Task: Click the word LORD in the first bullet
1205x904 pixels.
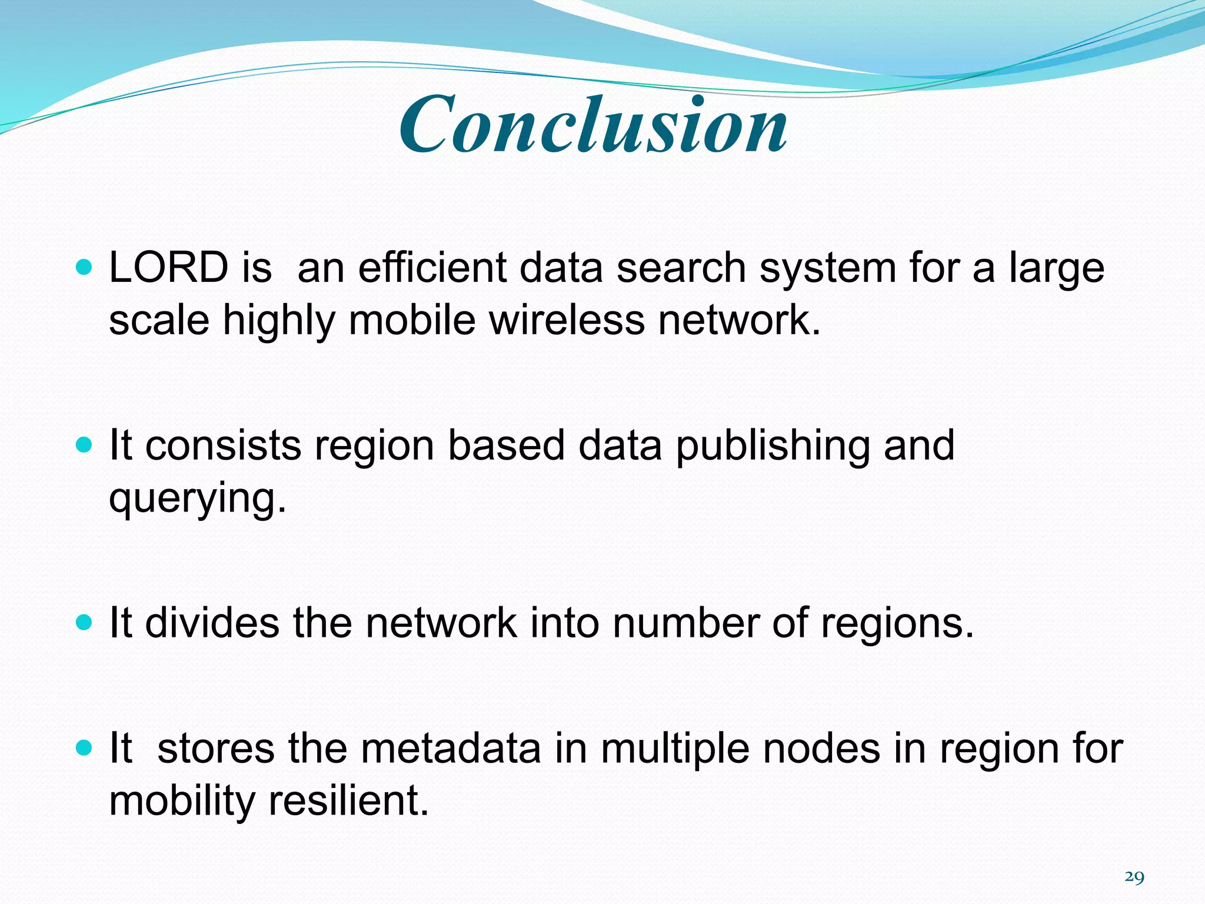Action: pos(169,268)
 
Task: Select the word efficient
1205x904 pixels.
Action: pos(432,268)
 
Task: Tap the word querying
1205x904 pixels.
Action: pos(197,499)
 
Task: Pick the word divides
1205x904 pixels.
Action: pos(212,623)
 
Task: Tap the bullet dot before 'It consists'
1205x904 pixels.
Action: pos(85,446)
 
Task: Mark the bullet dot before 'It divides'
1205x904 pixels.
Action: pos(85,623)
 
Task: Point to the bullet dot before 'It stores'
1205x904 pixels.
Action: pos(85,748)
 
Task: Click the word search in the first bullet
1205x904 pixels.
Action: pos(681,268)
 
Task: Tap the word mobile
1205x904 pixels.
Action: pos(412,320)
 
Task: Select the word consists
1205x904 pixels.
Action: pos(223,446)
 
